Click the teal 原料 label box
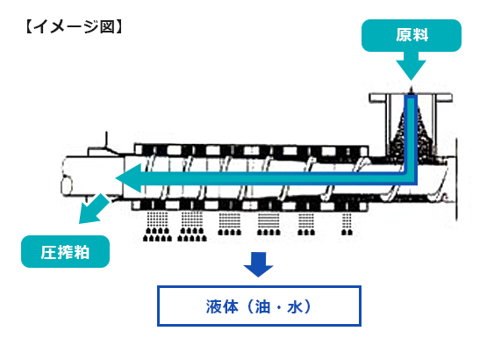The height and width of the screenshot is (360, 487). point(412,35)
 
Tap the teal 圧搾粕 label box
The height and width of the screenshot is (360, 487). point(65,251)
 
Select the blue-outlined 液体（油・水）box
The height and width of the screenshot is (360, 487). point(259,306)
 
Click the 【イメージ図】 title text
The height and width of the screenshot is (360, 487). point(74,26)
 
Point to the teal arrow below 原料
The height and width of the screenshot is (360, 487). point(411,66)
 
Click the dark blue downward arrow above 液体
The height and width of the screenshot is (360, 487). point(258,264)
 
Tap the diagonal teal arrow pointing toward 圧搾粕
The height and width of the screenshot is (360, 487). point(93,209)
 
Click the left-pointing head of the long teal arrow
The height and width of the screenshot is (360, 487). point(129,178)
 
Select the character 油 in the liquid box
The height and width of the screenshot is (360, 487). point(262,306)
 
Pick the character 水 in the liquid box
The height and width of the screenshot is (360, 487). point(295,306)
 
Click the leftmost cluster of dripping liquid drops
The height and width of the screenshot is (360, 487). point(157,227)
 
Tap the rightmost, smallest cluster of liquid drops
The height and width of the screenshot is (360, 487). point(347,224)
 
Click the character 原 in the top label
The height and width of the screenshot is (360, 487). point(403,35)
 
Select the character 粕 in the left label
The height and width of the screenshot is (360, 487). point(82,252)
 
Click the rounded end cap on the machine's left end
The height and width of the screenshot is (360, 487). point(67,185)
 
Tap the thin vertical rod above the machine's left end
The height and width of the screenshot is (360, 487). point(106,140)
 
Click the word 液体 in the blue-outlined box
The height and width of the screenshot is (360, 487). point(222,306)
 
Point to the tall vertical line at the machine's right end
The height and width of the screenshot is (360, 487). point(456,179)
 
